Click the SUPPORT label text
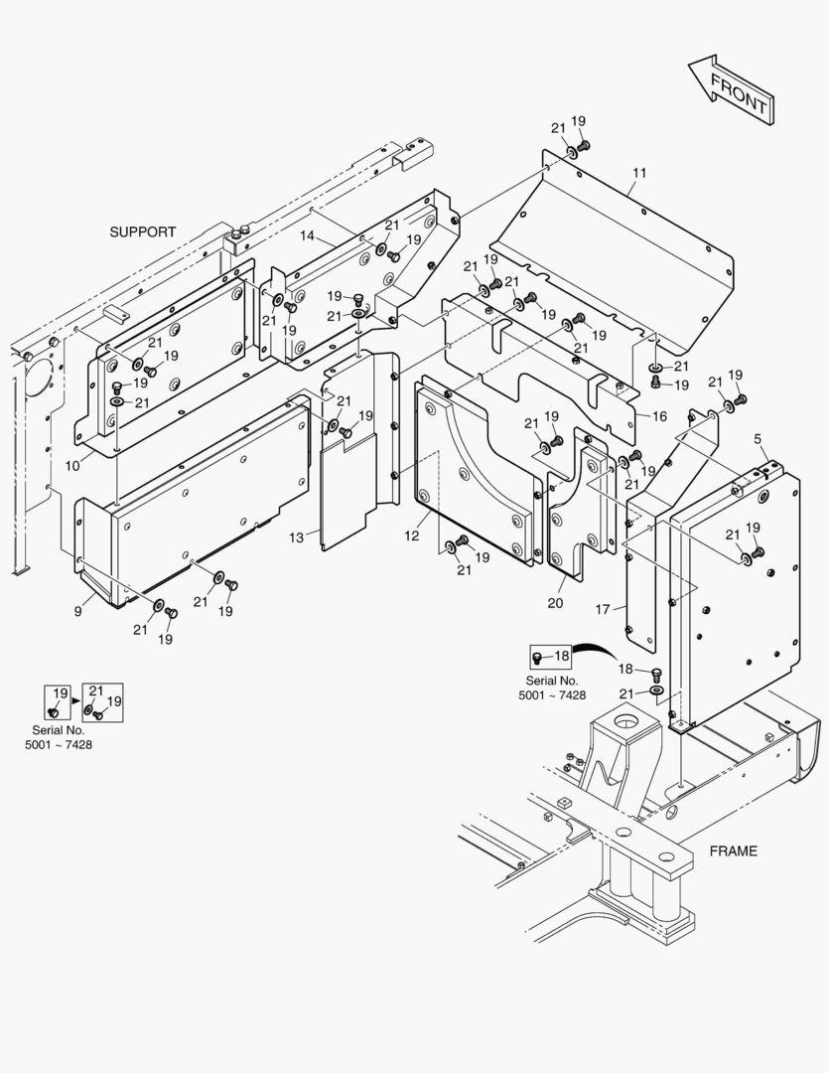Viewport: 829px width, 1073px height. click(142, 231)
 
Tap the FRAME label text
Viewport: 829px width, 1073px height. click(733, 850)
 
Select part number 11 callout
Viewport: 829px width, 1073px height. click(638, 173)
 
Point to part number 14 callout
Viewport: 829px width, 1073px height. click(307, 236)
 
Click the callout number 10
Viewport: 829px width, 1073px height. click(71, 466)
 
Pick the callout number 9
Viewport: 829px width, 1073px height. click(77, 611)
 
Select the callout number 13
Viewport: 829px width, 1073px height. click(296, 537)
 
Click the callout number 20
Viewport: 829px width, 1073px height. click(555, 603)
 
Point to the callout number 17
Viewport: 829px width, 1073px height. click(603, 609)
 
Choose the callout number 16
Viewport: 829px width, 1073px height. click(659, 416)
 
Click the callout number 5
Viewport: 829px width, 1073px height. click(758, 438)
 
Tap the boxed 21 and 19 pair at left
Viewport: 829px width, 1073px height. click(102, 702)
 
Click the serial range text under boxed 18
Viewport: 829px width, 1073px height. click(552, 689)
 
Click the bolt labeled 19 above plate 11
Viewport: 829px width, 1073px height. click(583, 145)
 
